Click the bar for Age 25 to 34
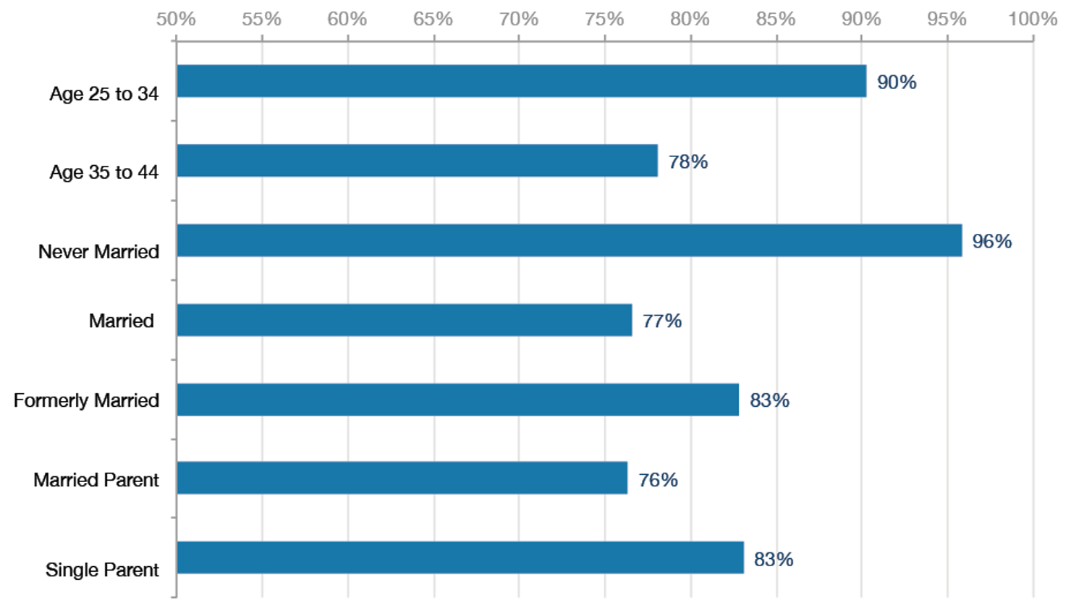[521, 81]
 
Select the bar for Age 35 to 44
[417, 161]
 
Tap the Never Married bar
[569, 240]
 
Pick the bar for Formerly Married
[457, 400]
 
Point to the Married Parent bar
[402, 478]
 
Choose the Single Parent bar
[460, 557]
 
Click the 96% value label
[991, 241]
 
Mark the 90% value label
[897, 83]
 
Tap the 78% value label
[687, 161]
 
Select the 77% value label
[661, 321]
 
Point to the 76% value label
[658, 480]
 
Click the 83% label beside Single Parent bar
[774, 560]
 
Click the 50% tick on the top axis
[176, 20]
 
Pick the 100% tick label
[1032, 20]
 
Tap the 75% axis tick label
[604, 20]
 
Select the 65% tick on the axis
[433, 20]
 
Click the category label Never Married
[98, 252]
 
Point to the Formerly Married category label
[86, 400]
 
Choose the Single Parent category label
[102, 570]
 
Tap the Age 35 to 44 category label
[103, 172]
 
